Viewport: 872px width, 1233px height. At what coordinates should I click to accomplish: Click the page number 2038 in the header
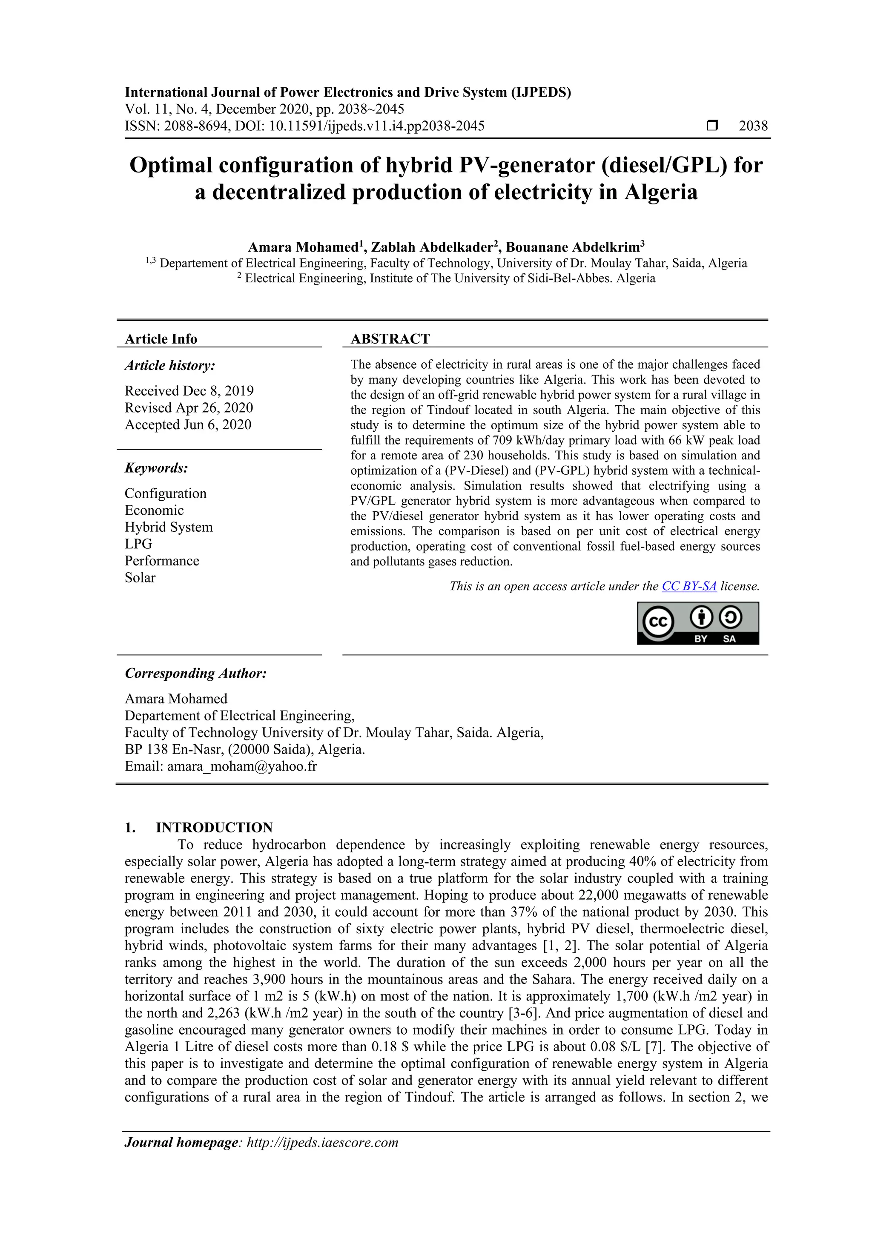coord(753,126)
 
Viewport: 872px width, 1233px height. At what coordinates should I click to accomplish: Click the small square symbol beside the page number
coord(712,126)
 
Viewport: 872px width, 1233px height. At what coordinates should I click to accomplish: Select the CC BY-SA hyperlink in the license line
coord(689,586)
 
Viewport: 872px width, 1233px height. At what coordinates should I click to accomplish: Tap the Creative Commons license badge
coord(697,623)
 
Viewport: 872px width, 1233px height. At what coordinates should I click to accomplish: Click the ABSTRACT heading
coord(390,339)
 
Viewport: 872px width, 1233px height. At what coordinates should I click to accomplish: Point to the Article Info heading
coord(161,339)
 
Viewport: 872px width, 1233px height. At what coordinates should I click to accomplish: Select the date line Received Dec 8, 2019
coord(189,391)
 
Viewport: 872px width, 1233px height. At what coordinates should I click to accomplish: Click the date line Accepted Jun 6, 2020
coord(188,425)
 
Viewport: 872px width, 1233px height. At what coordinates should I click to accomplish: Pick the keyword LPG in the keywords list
coord(138,544)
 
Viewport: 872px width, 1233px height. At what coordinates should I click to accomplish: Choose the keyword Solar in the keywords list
coord(140,578)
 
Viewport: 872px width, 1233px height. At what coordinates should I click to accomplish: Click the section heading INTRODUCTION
coord(214,828)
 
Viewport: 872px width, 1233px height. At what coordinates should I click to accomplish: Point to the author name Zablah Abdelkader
coord(432,247)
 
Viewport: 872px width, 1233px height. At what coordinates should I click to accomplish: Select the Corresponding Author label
coord(195,674)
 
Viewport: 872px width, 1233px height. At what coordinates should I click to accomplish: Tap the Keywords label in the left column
coord(156,468)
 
